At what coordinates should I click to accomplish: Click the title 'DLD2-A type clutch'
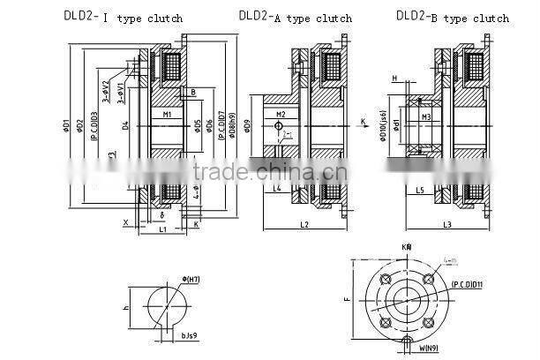tap(295, 17)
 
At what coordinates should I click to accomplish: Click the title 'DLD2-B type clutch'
tap(452, 17)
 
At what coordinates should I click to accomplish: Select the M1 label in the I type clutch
tap(167, 115)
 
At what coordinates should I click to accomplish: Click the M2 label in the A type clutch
tap(281, 115)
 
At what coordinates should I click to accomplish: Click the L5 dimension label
tap(420, 189)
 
